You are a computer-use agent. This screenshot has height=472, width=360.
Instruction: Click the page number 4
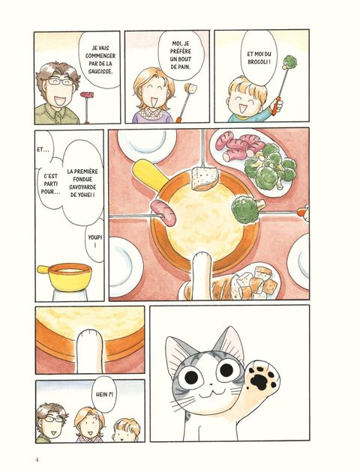37,460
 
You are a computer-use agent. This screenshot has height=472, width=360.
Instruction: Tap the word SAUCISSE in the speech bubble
100,71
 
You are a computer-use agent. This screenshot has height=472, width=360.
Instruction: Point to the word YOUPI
95,237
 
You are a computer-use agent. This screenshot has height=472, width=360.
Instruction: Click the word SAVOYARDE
82,187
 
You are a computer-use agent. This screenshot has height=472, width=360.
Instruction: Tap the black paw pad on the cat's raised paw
259,381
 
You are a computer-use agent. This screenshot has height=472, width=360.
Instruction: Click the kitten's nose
211,384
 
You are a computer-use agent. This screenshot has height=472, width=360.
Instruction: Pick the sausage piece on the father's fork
87,95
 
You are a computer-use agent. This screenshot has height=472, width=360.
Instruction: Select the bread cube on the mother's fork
190,88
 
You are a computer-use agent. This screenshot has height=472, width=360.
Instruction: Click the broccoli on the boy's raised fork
290,62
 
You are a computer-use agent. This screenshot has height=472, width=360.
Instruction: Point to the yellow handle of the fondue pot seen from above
149,175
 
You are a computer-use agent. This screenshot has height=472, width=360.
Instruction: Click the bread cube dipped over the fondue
204,178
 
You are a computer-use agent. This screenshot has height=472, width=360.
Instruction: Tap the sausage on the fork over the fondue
163,213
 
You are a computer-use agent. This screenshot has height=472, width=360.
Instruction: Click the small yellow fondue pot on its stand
67,277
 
